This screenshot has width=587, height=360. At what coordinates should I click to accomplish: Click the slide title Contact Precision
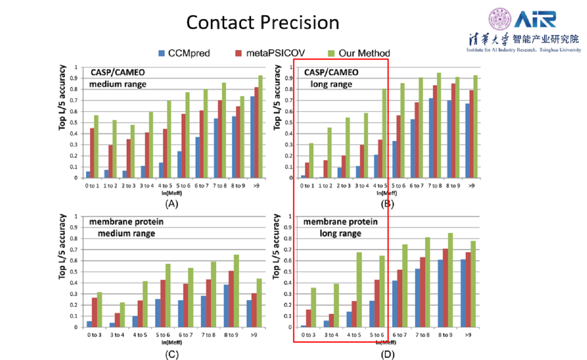coord(262,23)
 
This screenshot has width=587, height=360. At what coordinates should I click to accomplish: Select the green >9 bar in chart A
coord(261,126)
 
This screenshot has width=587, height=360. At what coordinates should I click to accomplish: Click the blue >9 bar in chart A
coord(252,137)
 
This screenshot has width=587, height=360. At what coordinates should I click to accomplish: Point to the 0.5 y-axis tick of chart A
coord(76,123)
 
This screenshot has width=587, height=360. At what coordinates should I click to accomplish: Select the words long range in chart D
coord(340,234)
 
